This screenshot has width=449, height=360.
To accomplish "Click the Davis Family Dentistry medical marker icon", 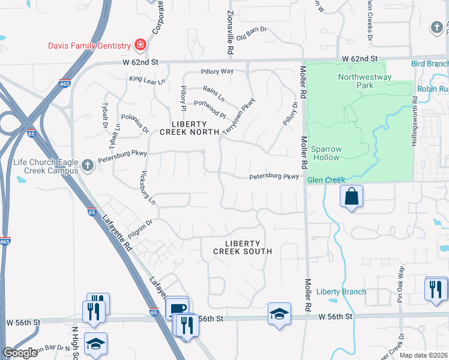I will click(140, 46).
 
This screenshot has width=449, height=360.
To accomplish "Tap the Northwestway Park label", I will click(364, 81).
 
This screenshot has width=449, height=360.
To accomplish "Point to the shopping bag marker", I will click(351, 196).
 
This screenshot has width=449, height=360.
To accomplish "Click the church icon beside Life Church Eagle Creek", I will click(88, 164).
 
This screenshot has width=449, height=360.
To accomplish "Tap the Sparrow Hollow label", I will click(325, 153).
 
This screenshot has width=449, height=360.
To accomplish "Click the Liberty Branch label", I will click(341, 292).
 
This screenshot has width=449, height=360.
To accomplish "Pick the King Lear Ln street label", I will click(146, 79).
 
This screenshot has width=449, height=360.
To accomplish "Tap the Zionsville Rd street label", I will click(230, 33).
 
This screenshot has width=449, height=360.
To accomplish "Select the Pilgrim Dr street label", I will click(140, 229).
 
